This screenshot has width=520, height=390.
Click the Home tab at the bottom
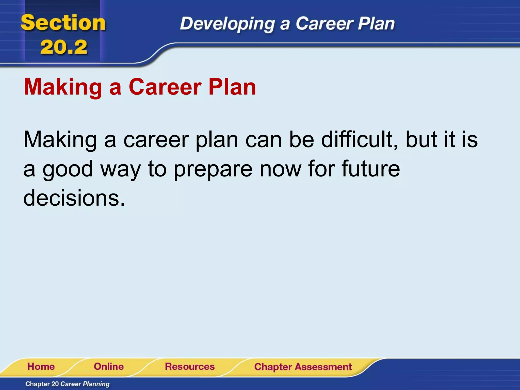41,367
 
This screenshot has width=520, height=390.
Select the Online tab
109,367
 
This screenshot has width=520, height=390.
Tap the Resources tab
190,367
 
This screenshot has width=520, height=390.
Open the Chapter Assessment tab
303,367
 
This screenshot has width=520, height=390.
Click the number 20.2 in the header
63,47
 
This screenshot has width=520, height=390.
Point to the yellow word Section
63,23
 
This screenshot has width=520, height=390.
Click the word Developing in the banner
227,24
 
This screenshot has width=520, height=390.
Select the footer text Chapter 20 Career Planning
67,384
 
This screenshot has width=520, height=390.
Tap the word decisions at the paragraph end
74,198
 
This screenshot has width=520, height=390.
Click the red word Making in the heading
63,88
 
